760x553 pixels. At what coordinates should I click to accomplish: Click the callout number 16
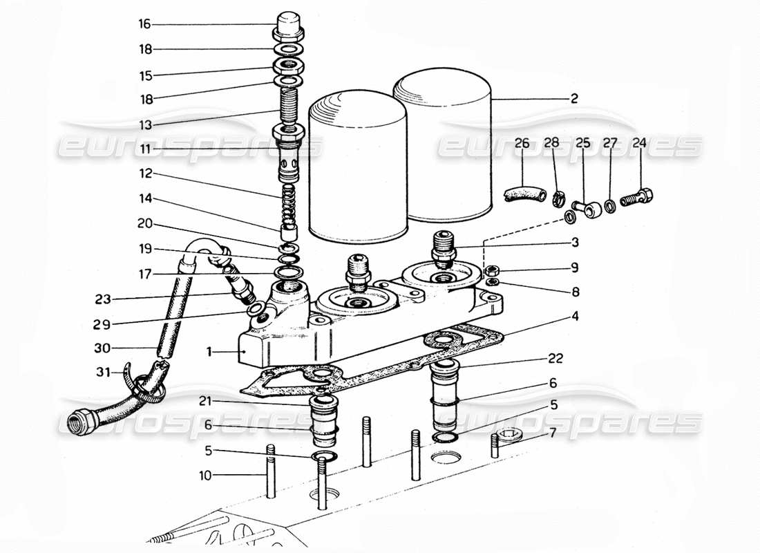[144, 24]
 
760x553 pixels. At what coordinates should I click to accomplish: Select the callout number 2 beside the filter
[574, 99]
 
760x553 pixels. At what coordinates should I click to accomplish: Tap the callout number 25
[583, 144]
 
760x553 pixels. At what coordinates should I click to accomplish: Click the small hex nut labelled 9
[492, 270]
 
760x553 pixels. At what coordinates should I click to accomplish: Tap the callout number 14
[144, 199]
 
